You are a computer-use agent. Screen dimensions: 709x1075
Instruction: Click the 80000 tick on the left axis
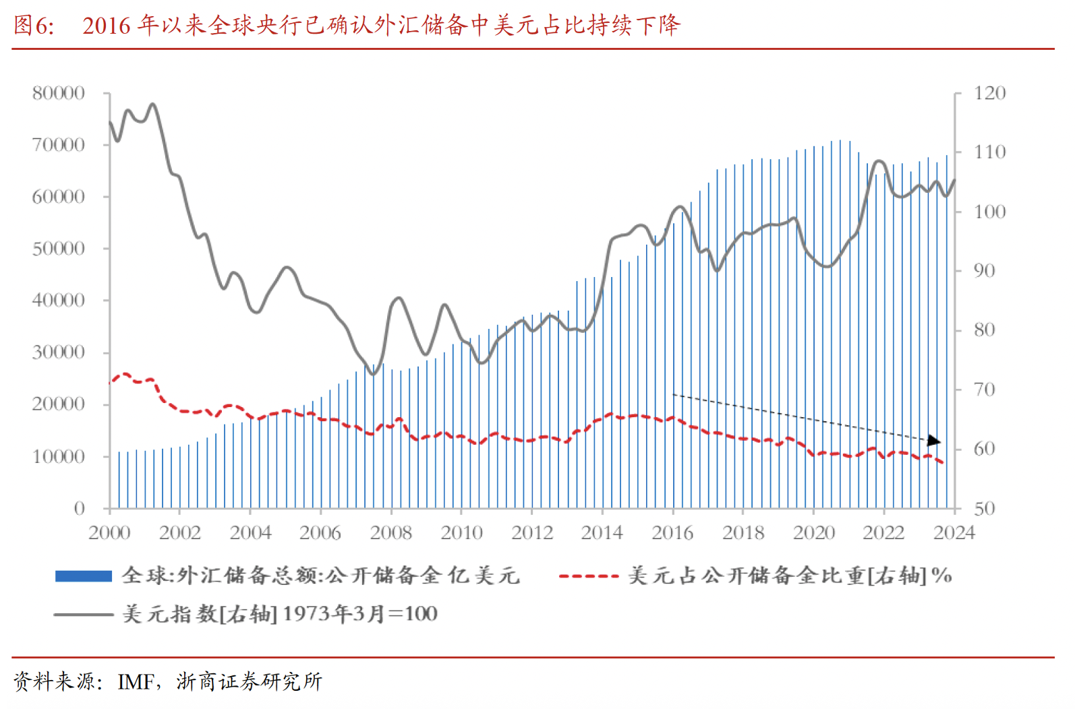coord(59,93)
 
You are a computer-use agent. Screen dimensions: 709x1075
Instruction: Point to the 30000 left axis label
coord(59,352)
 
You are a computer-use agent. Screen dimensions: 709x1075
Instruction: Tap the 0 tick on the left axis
coord(80,508)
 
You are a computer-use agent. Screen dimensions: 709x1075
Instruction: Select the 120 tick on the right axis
coord(989,93)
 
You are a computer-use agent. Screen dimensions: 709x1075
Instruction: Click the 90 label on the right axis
coord(984,271)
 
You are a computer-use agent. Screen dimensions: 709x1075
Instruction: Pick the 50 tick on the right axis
coord(984,508)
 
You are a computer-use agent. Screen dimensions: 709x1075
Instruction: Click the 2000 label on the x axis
coord(109,532)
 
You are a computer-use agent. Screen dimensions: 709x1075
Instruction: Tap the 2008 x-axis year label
coord(391,532)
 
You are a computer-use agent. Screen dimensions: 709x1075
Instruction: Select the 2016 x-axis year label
coord(672,532)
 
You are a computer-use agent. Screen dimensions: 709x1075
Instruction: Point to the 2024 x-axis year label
coord(954,532)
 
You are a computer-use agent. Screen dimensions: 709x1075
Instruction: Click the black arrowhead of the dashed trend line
coord(934,441)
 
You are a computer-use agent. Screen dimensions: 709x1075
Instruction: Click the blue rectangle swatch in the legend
coord(84,576)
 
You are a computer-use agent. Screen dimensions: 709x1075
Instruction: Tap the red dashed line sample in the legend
coord(589,576)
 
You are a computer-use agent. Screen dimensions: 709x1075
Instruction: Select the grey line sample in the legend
coord(84,614)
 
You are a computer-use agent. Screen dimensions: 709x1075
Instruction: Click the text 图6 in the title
coord(33,26)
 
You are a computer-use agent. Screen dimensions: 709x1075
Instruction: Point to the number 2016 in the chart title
coord(107,26)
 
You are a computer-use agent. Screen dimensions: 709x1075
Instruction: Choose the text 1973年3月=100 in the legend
coord(360,614)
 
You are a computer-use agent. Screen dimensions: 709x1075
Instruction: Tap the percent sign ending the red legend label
coord(941,576)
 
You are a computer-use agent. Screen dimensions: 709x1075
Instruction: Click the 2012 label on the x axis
coord(532,532)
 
